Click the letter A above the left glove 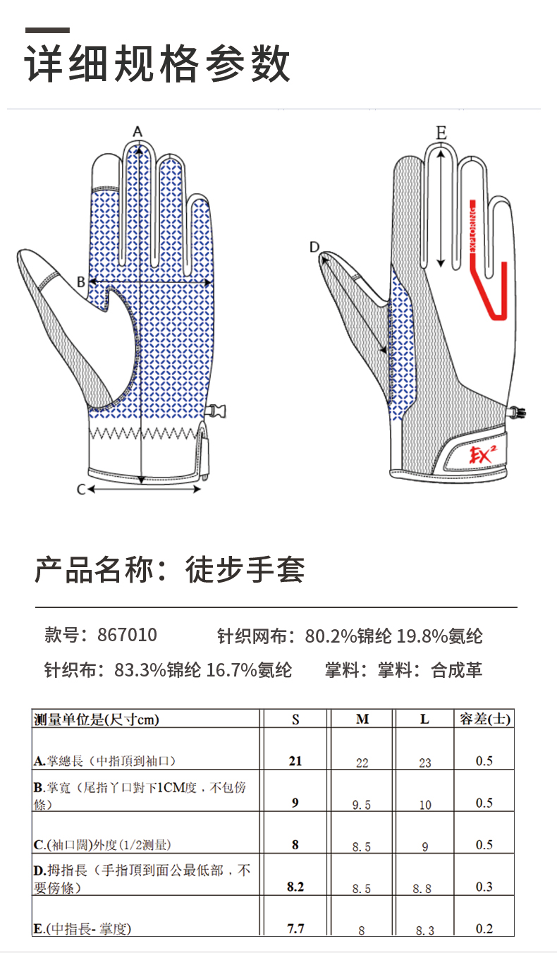coord(138,131)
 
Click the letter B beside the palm coord(80,281)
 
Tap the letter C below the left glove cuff coord(80,489)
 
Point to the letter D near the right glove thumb coord(314,246)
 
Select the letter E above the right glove coord(441,132)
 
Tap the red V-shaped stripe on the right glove coord(493,289)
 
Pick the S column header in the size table coord(295,720)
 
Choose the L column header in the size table coord(424,720)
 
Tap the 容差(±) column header coord(485,720)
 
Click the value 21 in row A coord(295,760)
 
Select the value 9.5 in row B coord(361,805)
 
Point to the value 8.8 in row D coord(422,889)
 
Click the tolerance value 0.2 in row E coord(484,929)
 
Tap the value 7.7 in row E coord(296,928)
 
